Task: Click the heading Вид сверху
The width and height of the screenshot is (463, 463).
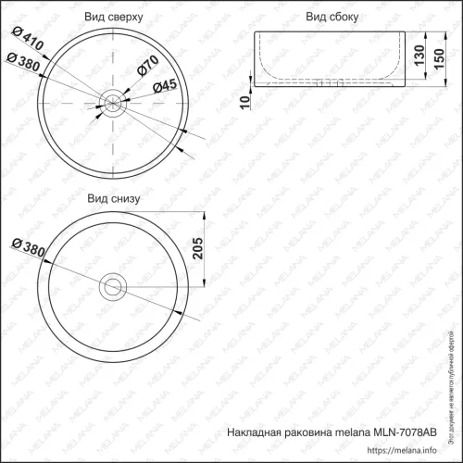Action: pyautogui.click(x=115, y=18)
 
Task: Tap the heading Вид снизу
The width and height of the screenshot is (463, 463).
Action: pyautogui.click(x=114, y=198)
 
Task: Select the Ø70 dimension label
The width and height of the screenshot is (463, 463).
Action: pyautogui.click(x=149, y=67)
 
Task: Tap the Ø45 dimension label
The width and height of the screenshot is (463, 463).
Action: pyautogui.click(x=163, y=86)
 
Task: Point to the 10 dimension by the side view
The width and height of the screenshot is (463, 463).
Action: pyautogui.click(x=244, y=100)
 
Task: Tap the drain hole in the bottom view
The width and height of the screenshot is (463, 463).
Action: pyautogui.click(x=114, y=284)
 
